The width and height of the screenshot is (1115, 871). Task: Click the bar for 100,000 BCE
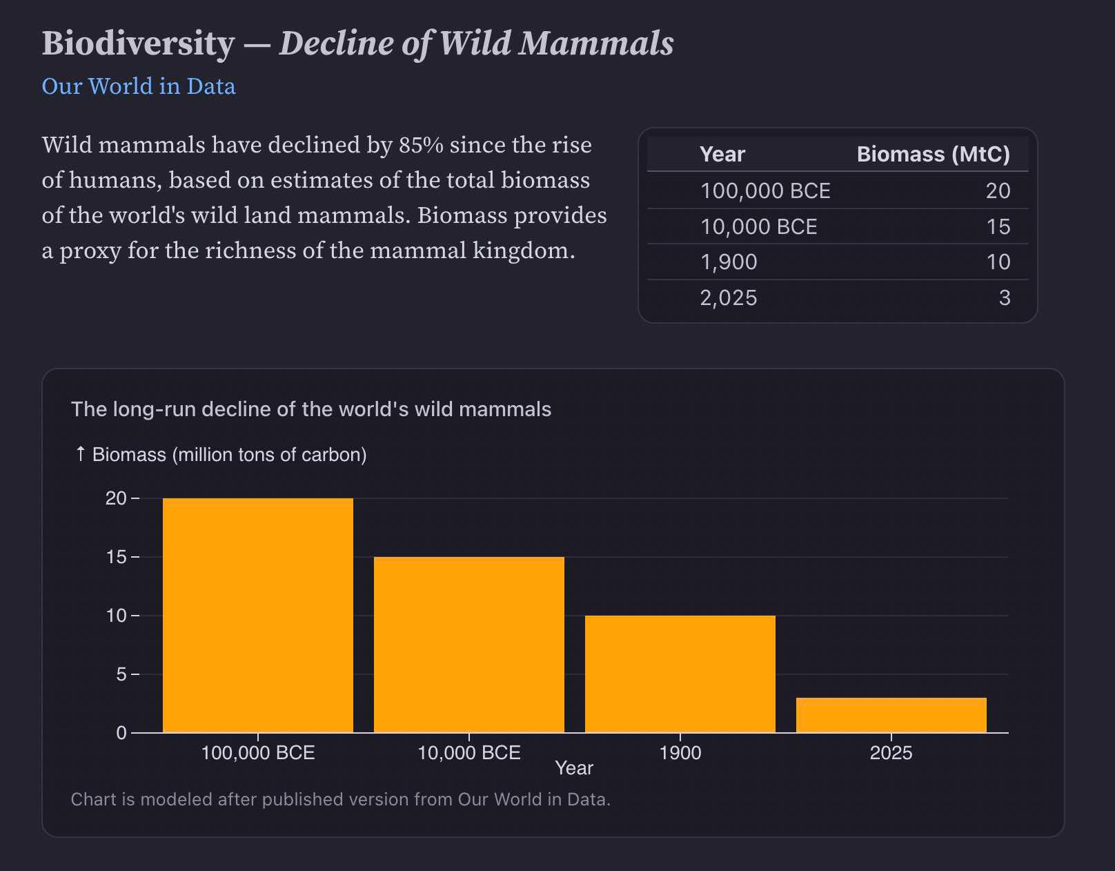pos(257,614)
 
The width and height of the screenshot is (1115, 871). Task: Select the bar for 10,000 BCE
pos(468,644)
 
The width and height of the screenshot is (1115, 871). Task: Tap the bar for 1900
pos(680,673)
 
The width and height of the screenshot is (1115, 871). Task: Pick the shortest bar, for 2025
pos(891,714)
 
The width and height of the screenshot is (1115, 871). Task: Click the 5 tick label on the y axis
pos(121,674)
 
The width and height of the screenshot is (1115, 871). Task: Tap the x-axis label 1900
pos(680,752)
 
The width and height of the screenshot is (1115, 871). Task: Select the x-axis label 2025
pos(891,752)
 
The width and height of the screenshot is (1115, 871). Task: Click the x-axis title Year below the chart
pos(574,768)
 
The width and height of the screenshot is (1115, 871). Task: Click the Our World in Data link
pos(139,86)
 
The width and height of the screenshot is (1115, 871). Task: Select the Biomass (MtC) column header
pos(933,154)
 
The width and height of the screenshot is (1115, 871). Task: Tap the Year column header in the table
pos(722,154)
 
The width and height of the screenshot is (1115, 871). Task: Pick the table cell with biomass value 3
pos(1004,297)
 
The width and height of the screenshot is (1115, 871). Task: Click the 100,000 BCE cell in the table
pos(765,190)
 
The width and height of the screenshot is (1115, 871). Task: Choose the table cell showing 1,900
pos(729,262)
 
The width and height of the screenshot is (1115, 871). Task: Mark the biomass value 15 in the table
pos(998,226)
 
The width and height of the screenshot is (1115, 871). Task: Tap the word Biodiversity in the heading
pos(138,43)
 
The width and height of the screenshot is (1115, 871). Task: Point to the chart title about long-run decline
pos(311,409)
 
